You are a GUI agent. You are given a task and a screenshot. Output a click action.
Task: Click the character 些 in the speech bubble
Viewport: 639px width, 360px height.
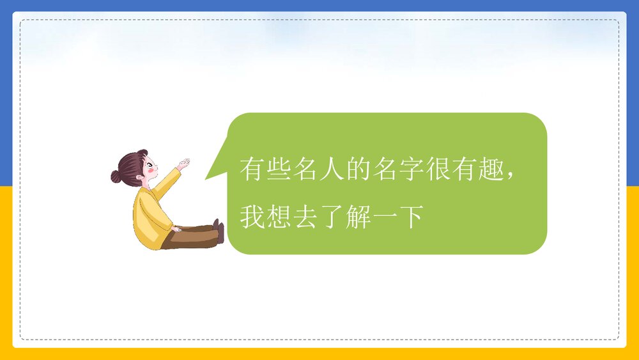click(279, 169)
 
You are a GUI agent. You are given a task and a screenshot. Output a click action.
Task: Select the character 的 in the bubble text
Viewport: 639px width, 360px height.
click(358, 169)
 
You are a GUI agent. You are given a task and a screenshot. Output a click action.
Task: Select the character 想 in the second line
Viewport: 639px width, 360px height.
click(279, 217)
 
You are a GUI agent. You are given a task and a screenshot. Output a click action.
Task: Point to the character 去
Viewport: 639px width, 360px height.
click(305, 217)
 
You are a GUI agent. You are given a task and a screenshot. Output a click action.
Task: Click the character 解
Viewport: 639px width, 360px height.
click(358, 217)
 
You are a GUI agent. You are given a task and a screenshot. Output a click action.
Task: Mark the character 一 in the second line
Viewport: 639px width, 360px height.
click(385, 218)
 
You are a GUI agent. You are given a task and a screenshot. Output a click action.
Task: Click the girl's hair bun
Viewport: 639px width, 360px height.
click(116, 176)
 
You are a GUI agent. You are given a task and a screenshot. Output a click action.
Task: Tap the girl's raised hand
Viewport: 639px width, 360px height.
click(183, 164)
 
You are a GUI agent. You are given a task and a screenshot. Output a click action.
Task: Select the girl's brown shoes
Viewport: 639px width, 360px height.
click(219, 231)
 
